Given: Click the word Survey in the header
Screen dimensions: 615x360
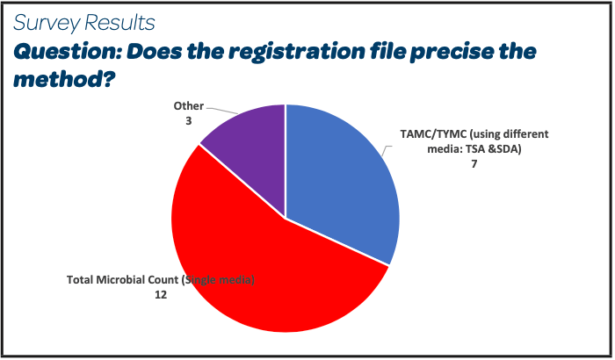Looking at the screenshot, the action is pos(47,23).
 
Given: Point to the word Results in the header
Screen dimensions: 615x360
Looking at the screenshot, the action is pos(119,22).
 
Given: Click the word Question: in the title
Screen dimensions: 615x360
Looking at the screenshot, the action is pos(69,53).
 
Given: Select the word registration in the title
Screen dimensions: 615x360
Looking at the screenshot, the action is pos(297,53).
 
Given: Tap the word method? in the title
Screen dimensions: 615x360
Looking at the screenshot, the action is pos(65,80).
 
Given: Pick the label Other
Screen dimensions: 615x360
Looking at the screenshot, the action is pos(189,106).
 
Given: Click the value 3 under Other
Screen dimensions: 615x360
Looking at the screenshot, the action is pos(189,121).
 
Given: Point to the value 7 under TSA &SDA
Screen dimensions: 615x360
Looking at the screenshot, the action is pos(474,164).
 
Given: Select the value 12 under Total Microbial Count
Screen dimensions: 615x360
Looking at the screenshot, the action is pos(161,295).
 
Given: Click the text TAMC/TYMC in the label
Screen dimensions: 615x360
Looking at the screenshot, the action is pos(433,134).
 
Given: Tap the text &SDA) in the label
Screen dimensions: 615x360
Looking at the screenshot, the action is pos(505,149).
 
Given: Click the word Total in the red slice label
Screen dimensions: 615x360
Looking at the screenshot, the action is pos(80,280).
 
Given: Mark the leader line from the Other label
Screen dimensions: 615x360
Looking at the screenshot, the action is pos(222,111).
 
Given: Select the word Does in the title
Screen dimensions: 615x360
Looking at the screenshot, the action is pos(155,53).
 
